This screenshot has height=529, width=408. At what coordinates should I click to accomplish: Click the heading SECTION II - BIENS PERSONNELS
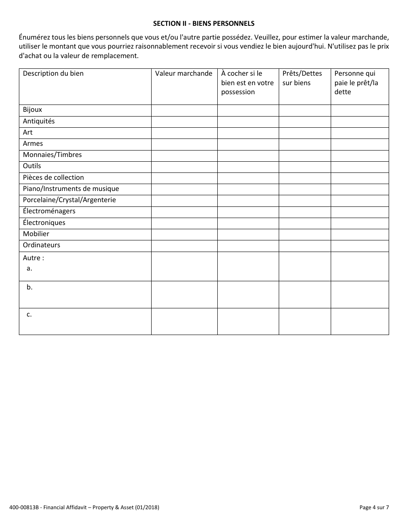coord(204,23)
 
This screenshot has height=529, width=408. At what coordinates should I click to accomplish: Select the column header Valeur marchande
coord(184,74)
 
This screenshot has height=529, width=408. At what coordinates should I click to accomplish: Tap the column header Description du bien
coord(53,74)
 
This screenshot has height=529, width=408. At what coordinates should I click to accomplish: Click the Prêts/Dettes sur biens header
coord(302,78)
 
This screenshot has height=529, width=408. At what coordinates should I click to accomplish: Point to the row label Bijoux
coord(33,110)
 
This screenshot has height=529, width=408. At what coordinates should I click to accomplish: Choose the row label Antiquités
coord(39,121)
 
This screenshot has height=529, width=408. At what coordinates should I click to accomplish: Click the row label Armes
coord(33,144)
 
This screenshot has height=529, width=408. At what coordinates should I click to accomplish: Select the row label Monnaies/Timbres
coord(52,155)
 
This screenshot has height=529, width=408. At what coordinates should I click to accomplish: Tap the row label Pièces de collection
coord(53,178)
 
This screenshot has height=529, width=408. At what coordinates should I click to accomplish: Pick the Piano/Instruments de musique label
coord(71,189)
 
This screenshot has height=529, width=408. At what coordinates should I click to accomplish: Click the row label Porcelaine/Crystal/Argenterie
coord(69,200)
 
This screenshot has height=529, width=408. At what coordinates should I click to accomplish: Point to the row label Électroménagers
coord(49,211)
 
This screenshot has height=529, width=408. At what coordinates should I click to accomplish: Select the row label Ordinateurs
coord(42,245)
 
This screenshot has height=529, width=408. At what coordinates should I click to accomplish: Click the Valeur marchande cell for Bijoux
coord(184,111)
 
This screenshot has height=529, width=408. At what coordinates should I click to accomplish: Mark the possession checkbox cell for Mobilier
coord(248,234)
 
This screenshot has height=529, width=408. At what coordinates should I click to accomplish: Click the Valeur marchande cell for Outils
coord(184,166)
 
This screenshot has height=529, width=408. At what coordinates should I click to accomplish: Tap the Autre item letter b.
coord(30,287)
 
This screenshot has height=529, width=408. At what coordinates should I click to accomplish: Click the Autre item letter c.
coord(29,314)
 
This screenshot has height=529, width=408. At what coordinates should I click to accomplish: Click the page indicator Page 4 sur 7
coord(374,507)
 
